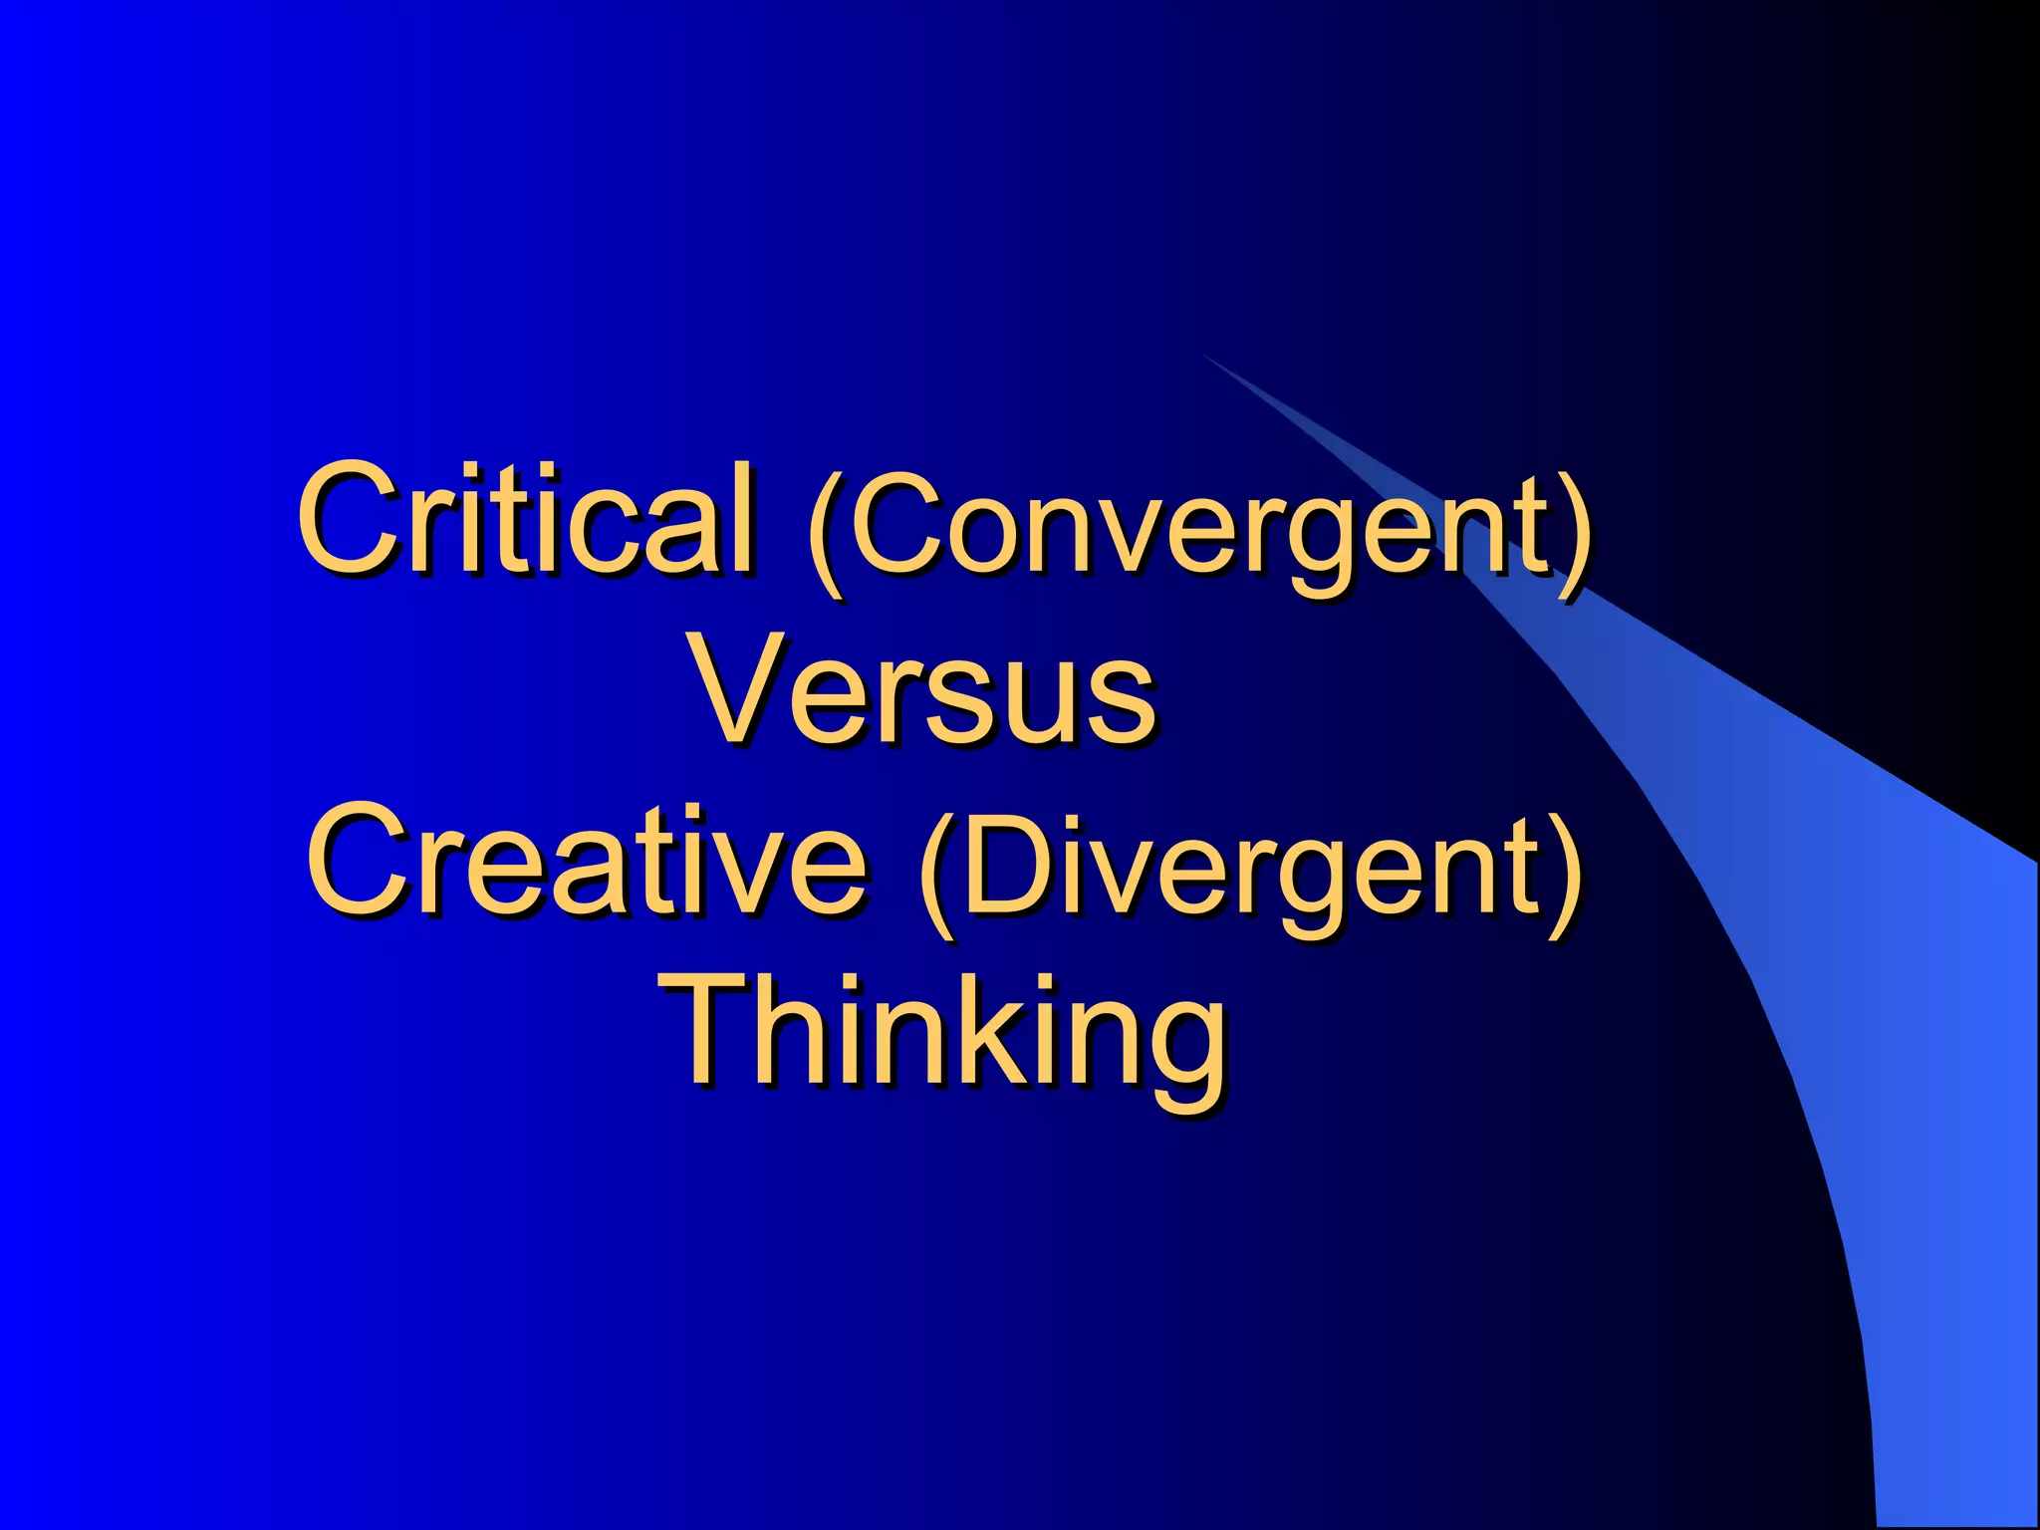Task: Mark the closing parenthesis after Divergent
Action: pyautogui.click(x=1564, y=869)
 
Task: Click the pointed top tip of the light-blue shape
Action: pyautogui.click(x=1204, y=356)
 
